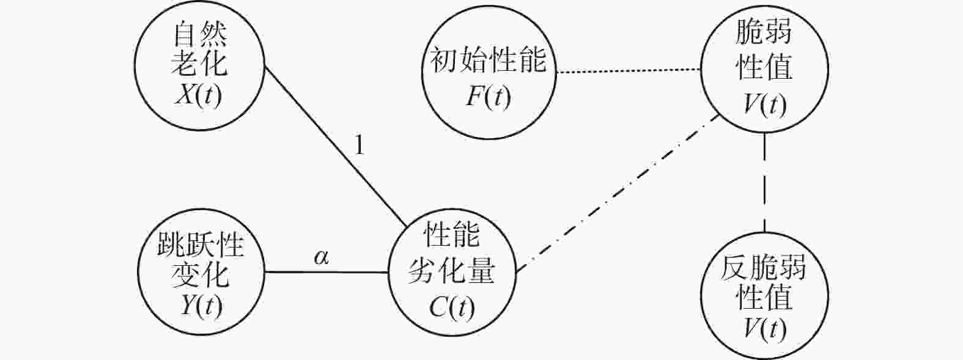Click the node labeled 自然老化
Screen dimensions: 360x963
tap(200, 67)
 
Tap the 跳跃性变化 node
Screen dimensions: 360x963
tap(201, 273)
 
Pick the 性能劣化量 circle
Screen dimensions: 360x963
tap(452, 273)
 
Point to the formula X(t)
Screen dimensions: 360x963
tap(199, 95)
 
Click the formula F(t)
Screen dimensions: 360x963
tap(488, 97)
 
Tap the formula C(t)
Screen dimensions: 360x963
tap(452, 307)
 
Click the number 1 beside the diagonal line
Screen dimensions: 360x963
tap(360, 147)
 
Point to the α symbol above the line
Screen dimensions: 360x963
tap(321, 257)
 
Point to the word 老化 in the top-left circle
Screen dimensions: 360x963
tap(200, 64)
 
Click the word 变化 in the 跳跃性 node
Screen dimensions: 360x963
tap(201, 274)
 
